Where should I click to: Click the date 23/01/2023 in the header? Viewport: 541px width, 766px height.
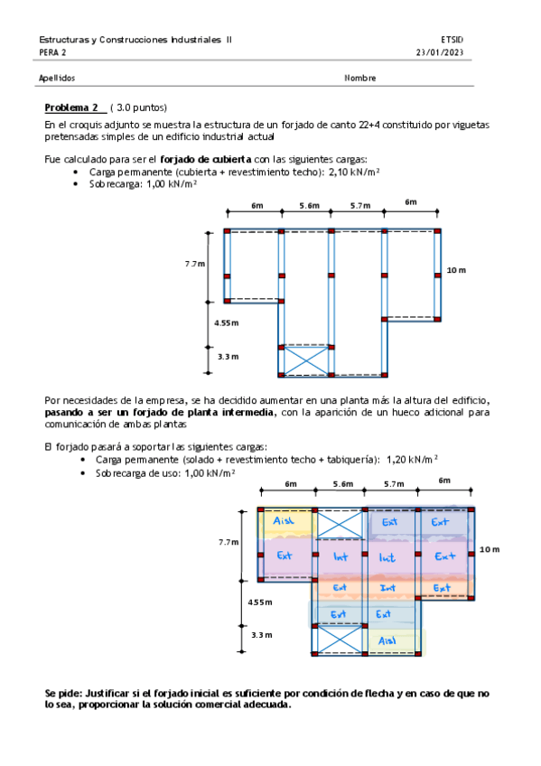(437, 52)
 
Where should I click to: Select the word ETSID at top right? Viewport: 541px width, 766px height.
(452, 40)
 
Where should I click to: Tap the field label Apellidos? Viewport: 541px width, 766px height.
(58, 78)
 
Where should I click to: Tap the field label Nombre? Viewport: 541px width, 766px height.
(359, 78)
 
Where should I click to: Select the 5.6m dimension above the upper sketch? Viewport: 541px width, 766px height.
(309, 206)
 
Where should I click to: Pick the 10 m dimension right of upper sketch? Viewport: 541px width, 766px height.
(456, 270)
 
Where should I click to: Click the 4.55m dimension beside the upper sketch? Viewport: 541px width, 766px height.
(226, 322)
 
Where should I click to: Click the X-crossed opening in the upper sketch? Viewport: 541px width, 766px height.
(307, 360)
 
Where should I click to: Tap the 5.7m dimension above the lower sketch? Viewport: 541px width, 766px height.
(393, 484)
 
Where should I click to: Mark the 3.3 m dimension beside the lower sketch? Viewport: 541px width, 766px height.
(261, 635)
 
